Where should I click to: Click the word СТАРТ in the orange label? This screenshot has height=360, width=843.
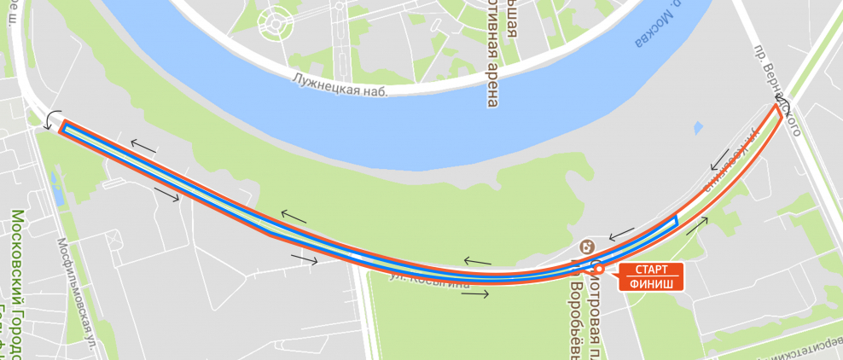pyautogui.click(x=652, y=270)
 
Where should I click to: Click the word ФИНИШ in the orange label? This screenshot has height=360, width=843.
pyautogui.click(x=652, y=283)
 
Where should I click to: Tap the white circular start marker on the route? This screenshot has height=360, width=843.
pyautogui.click(x=599, y=270)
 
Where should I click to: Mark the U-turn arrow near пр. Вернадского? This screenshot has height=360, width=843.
pyautogui.click(x=784, y=107)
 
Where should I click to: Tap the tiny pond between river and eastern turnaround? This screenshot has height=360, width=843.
pyautogui.click(x=698, y=129)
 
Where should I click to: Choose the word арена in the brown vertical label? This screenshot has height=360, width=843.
pyautogui.click(x=492, y=85)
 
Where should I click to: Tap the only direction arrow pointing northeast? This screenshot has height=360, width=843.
pyautogui.click(x=696, y=225)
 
